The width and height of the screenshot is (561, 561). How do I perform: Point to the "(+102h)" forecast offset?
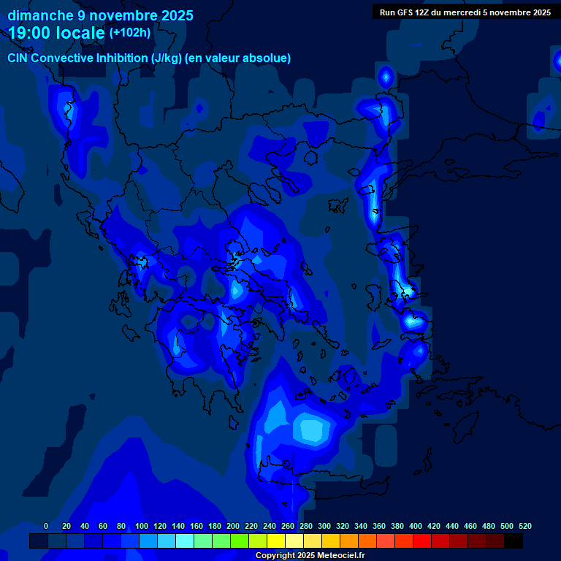130,32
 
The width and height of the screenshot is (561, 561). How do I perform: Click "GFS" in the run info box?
405,12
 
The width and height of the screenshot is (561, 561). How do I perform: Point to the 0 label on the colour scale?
46,526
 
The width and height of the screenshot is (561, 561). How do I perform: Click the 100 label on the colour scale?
141,526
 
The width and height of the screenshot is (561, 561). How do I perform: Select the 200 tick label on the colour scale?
232,526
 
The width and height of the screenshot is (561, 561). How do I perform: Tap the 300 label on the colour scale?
324,526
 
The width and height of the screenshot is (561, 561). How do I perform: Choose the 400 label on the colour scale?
415,526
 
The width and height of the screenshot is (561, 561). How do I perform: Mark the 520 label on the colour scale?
524,526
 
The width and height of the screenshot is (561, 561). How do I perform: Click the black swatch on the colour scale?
514,541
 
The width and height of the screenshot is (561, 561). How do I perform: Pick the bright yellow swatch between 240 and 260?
276,541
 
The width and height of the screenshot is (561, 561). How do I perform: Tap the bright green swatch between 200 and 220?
240,541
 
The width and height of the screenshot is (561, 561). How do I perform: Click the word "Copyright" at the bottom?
275,556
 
